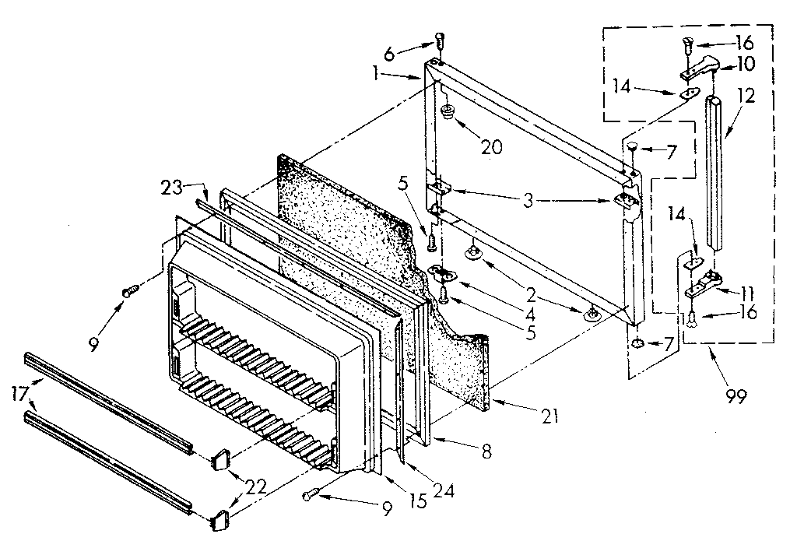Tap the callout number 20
491,147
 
